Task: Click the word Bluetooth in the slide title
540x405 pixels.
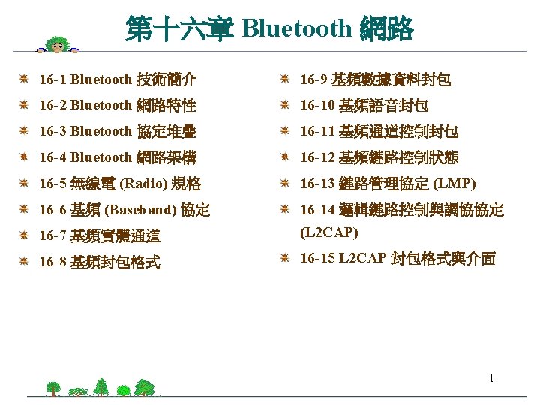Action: [297, 28]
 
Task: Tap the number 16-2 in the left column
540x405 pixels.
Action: [52, 105]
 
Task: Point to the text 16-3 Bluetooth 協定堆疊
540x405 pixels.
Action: [118, 131]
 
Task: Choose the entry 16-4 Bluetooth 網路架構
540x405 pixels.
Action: [118, 157]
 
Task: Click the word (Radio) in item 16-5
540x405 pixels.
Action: [144, 184]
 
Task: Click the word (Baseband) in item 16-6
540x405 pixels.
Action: [142, 210]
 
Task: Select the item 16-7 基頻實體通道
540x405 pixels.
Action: [99, 236]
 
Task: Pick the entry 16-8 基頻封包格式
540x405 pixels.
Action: [99, 262]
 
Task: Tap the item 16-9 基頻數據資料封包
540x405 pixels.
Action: [375, 79]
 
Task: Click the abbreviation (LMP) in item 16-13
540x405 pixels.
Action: [454, 184]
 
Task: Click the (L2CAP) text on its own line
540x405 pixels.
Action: [328, 232]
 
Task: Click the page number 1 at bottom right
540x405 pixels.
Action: [491, 378]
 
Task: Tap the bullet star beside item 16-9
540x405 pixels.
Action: [285, 79]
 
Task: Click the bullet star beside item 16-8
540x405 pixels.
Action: [24, 262]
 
